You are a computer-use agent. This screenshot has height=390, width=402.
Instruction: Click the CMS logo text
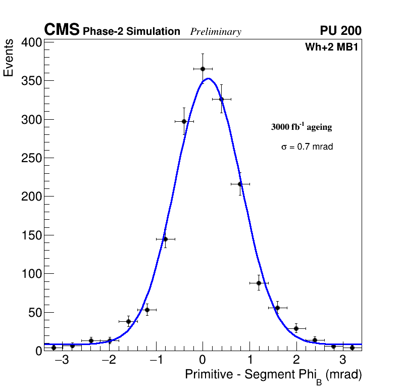(x=62, y=30)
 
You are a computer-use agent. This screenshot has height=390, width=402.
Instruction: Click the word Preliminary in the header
(x=216, y=32)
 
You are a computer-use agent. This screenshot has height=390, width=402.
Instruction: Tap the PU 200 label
(x=340, y=31)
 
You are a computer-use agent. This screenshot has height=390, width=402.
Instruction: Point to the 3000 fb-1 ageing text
(x=301, y=127)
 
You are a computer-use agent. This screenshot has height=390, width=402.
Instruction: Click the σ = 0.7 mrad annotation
(x=307, y=147)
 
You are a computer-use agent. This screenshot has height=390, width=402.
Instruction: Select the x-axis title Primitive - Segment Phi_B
(x=273, y=375)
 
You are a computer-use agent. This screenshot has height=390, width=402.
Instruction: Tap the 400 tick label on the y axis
(x=31, y=43)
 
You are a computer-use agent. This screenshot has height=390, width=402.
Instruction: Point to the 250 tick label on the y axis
(x=31, y=158)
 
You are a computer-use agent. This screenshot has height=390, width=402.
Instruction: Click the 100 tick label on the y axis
(x=31, y=274)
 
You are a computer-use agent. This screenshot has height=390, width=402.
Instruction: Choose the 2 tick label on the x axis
(x=296, y=361)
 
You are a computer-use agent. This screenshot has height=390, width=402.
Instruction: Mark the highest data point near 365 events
(x=203, y=69)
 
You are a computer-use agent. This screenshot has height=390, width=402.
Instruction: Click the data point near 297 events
(x=184, y=121)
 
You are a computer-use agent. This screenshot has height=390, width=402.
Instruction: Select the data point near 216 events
(x=240, y=184)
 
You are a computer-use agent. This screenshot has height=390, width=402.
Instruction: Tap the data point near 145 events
(x=165, y=239)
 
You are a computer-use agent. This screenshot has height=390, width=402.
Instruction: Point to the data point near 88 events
(x=259, y=283)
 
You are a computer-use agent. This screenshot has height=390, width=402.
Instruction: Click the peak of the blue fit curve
(x=208, y=78)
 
